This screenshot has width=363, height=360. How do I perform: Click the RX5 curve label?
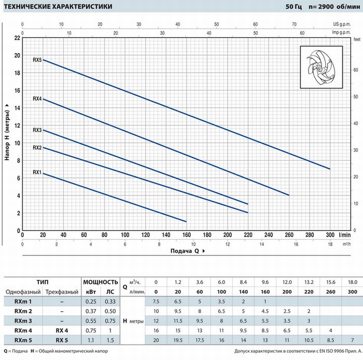coord(37,60)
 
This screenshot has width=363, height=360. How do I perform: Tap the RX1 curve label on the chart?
coord(37,172)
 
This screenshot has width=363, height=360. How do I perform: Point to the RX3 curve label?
coord(37,130)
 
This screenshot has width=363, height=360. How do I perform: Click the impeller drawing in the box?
coord(321,67)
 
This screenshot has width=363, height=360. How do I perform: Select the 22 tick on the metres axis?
coord(17,38)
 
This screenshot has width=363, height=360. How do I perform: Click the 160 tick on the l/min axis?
coord(187,235)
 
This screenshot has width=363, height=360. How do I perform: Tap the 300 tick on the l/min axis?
coord(330,235)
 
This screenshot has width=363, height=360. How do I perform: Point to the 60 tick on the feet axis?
coord(356,70)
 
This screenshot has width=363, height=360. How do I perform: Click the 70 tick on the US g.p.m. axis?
coord(294,24)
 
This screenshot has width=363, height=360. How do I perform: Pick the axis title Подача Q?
coord(185,251)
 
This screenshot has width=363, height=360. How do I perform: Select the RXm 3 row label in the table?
coord(23,321)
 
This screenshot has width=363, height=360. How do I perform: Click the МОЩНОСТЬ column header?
coord(101,282)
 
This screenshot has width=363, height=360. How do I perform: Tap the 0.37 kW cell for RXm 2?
coord(91,311)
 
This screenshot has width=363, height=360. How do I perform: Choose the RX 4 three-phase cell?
coord(62,330)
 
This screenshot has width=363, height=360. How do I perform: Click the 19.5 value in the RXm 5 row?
coord(178,340)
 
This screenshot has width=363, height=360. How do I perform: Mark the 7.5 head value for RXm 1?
coord(156,301)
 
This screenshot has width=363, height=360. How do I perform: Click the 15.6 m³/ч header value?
coord(331,282)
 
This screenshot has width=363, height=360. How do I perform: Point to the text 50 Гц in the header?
coord(294,6)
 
